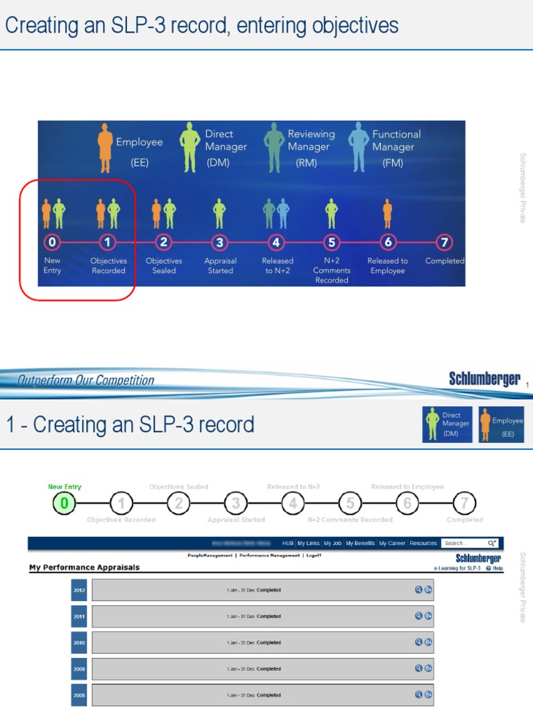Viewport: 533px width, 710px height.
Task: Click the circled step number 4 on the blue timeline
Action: [x=276, y=242]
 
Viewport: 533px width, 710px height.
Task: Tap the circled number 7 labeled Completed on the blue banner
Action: [x=444, y=242]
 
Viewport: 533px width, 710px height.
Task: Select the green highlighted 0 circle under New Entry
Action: [x=64, y=503]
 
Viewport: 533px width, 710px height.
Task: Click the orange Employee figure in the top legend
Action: [x=105, y=148]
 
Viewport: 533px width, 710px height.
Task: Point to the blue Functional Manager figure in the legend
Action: [x=358, y=147]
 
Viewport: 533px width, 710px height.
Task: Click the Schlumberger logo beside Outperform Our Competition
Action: [x=484, y=379]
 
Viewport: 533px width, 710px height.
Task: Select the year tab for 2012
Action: [x=79, y=590]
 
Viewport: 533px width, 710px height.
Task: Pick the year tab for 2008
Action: [x=79, y=695]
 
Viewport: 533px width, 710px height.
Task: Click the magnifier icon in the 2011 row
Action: [x=418, y=616]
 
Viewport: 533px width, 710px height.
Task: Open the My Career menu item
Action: [x=392, y=544]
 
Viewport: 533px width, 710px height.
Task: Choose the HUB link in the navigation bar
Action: [x=288, y=544]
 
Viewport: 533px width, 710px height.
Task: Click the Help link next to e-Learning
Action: [x=497, y=568]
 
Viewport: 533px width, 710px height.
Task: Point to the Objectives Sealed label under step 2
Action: [x=164, y=266]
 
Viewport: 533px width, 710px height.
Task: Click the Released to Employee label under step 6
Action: [x=387, y=266]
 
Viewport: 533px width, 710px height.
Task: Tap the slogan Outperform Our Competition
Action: [x=85, y=380]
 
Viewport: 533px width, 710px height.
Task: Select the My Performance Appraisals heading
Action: [x=84, y=567]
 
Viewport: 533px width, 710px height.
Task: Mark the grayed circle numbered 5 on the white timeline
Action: [x=350, y=503]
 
